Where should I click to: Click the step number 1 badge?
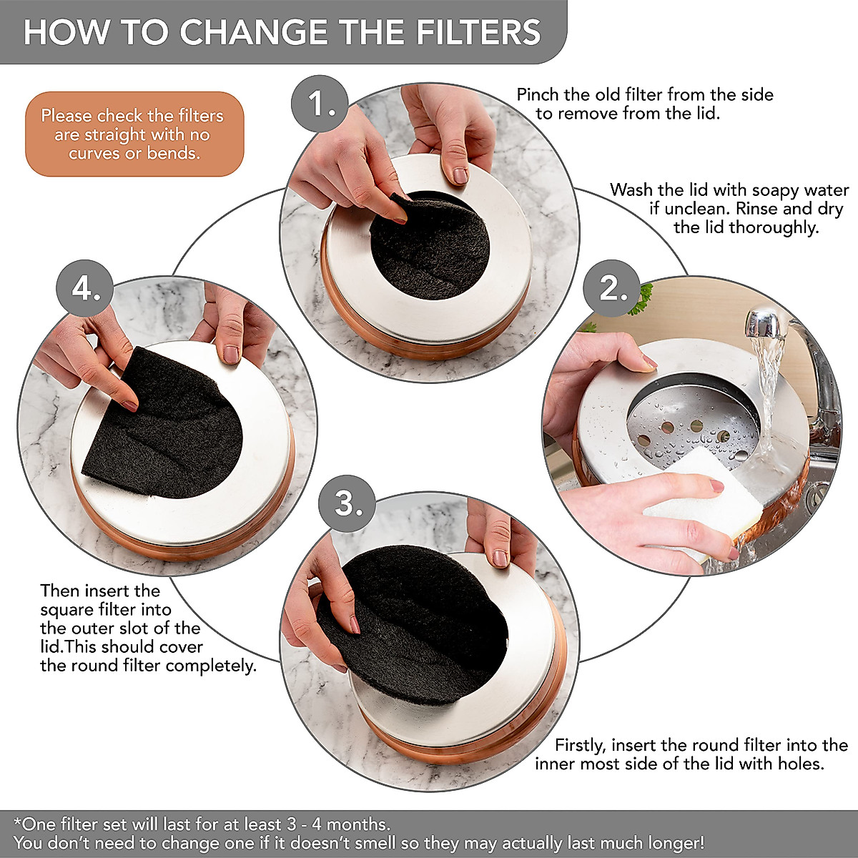click(x=319, y=105)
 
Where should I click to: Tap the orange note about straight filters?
click(x=134, y=134)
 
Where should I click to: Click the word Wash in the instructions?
click(x=631, y=190)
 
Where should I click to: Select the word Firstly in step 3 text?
click(x=579, y=745)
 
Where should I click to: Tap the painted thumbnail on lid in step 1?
click(x=460, y=175)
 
